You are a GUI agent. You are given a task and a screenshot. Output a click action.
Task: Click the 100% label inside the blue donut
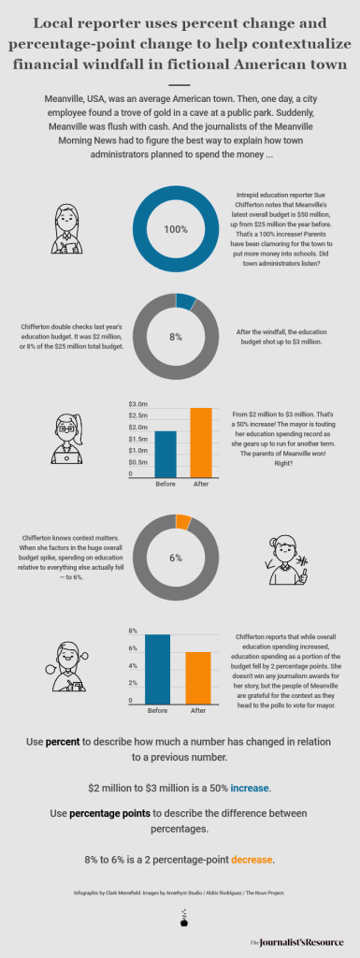175,229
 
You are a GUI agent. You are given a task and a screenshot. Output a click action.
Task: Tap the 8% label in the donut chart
175,337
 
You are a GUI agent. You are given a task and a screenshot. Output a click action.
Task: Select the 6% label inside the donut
175,557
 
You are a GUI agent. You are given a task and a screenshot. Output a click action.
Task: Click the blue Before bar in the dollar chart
166,453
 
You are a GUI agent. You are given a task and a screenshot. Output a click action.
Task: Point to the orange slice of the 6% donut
183,520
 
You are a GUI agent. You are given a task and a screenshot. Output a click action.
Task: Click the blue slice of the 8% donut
186,301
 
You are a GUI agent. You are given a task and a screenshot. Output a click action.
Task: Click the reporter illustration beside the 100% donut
69,229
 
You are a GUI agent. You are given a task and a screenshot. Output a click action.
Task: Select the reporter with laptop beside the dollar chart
66,439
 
